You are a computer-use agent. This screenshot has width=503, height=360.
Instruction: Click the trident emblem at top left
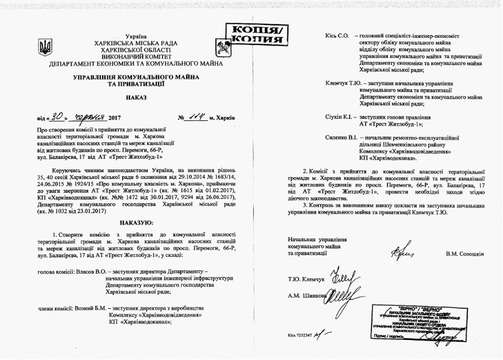pyautogui.click(x=45, y=47)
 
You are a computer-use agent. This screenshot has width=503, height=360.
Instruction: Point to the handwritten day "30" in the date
pyautogui.click(x=56, y=117)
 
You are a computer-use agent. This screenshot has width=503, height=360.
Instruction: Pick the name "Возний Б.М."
pyautogui.click(x=88, y=308)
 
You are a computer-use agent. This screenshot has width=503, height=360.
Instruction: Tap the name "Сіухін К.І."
pyautogui.click(x=340, y=118)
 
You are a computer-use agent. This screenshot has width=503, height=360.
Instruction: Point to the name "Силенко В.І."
pyautogui.click(x=342, y=137)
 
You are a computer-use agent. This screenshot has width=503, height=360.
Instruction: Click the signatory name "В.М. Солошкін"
pyautogui.click(x=465, y=254)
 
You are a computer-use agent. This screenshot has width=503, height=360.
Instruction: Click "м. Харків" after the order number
pyautogui.click(x=221, y=118)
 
